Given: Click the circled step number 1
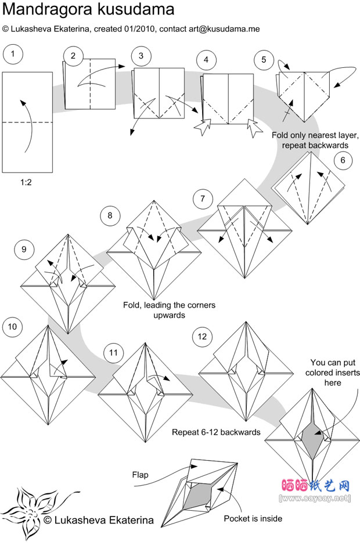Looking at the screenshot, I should point(12,55).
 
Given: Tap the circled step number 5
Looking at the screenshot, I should point(264,59).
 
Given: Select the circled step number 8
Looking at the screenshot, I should point(109,216).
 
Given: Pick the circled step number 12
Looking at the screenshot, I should point(201,337).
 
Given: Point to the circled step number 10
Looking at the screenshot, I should point(12,327).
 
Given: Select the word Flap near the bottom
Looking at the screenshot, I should point(140,475).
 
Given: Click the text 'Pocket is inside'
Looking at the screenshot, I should point(254,518).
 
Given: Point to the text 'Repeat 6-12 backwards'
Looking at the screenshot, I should point(216,432).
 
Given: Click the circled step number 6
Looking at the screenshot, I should point(343,160).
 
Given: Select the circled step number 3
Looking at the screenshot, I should point(141,56).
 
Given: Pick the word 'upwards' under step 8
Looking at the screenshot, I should point(153,315).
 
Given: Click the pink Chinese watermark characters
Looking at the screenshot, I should point(315,485).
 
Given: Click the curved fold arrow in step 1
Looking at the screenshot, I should point(27,125).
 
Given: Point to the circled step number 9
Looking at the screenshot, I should point(24,250).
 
